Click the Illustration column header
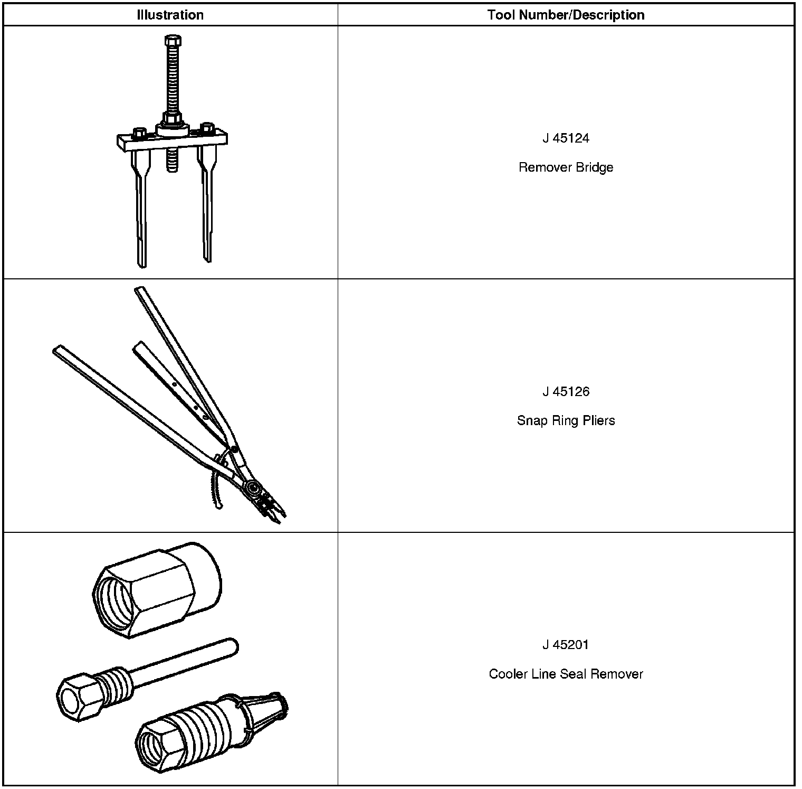click(x=170, y=15)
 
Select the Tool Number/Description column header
click(x=566, y=15)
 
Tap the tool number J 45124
click(x=566, y=138)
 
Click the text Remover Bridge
click(x=566, y=167)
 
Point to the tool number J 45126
click(x=566, y=391)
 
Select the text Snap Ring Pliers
click(x=566, y=421)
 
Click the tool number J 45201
click(x=566, y=645)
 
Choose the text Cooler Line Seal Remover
click(x=566, y=674)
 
